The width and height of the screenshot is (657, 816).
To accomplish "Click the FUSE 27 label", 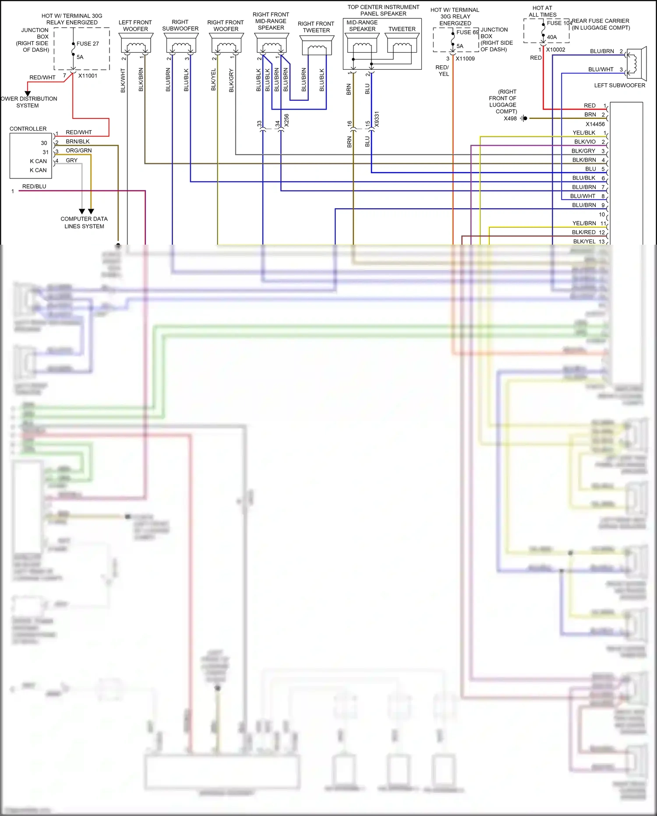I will click(87, 44).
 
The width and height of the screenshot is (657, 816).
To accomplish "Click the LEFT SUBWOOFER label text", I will click(619, 86).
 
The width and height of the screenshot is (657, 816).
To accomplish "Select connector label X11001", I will click(88, 76).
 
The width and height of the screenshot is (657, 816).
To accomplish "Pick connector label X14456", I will click(595, 124).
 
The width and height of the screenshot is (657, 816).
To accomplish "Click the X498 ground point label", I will click(510, 118).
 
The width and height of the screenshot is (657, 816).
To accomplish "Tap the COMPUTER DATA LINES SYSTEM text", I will click(84, 222).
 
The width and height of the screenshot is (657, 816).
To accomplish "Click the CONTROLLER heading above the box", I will click(28, 129).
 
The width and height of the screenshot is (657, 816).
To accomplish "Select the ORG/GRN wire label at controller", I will click(79, 151).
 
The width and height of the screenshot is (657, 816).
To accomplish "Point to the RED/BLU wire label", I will click(34, 186).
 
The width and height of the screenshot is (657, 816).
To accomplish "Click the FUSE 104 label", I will click(559, 23).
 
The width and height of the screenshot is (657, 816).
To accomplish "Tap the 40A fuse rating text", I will click(552, 37).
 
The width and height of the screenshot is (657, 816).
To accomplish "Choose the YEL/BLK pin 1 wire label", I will click(584, 133).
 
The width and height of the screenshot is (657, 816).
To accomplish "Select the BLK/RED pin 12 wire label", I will click(583, 232).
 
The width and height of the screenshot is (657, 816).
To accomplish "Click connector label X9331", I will click(377, 120).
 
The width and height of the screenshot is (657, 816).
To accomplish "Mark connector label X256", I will click(286, 121).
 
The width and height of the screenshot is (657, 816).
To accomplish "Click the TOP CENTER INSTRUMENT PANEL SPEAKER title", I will click(383, 11).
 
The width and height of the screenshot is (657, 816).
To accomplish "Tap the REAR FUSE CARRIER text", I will click(600, 21).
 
